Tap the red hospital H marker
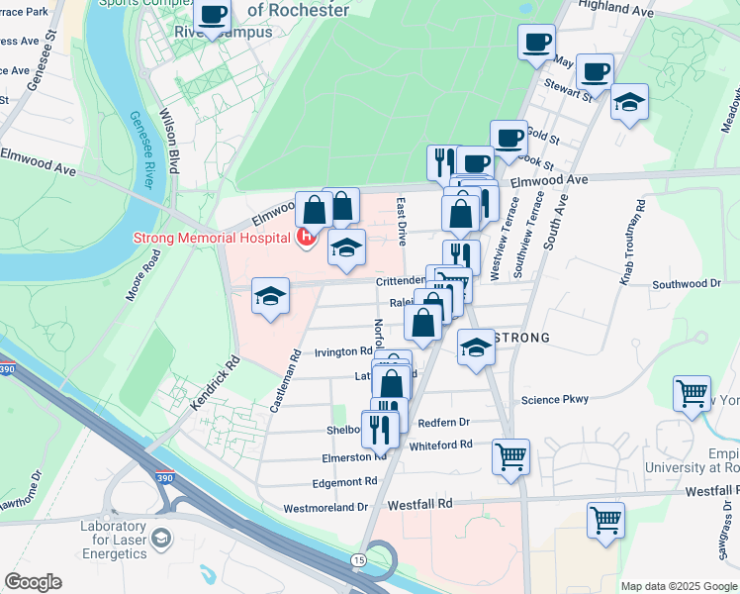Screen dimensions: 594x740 tap(307, 237)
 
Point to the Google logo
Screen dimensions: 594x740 tap(33, 582)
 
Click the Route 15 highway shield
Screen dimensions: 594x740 tap(357, 560)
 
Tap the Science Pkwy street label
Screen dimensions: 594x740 tap(555, 400)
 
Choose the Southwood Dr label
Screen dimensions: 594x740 tap(688, 284)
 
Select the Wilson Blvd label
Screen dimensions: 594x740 tap(172, 140)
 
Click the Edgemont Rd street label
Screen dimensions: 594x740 tap(345, 482)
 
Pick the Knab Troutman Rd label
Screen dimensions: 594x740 tap(633, 243)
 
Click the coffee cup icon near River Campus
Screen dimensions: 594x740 tap(213, 16)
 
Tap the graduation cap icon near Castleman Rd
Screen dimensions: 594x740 tap(269, 296)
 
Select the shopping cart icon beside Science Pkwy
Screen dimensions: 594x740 tap(692, 392)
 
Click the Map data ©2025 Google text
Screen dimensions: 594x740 tap(678, 586)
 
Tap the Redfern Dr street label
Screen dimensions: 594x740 tap(443, 422)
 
